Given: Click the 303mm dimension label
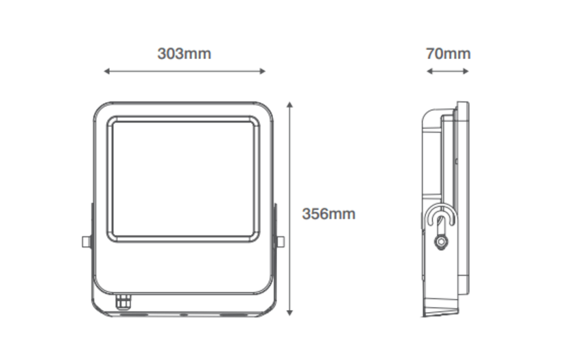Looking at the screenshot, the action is pyautogui.click(x=184, y=53).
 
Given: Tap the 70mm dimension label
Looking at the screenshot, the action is pyautogui.click(x=448, y=53).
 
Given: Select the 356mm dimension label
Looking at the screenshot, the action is pyautogui.click(x=329, y=214).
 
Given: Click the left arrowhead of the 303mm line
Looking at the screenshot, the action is pyautogui.click(x=107, y=71).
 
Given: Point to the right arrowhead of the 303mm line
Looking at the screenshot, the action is pyautogui.click(x=263, y=71).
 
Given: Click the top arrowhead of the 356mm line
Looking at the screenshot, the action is pyautogui.click(x=290, y=104).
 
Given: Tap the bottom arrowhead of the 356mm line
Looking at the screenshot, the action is pyautogui.click(x=290, y=313).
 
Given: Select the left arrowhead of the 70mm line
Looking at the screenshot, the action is pyautogui.click(x=429, y=71).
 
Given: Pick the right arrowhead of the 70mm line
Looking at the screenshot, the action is pyautogui.click(x=466, y=71).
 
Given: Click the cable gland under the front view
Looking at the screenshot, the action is pyautogui.click(x=123, y=302).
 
